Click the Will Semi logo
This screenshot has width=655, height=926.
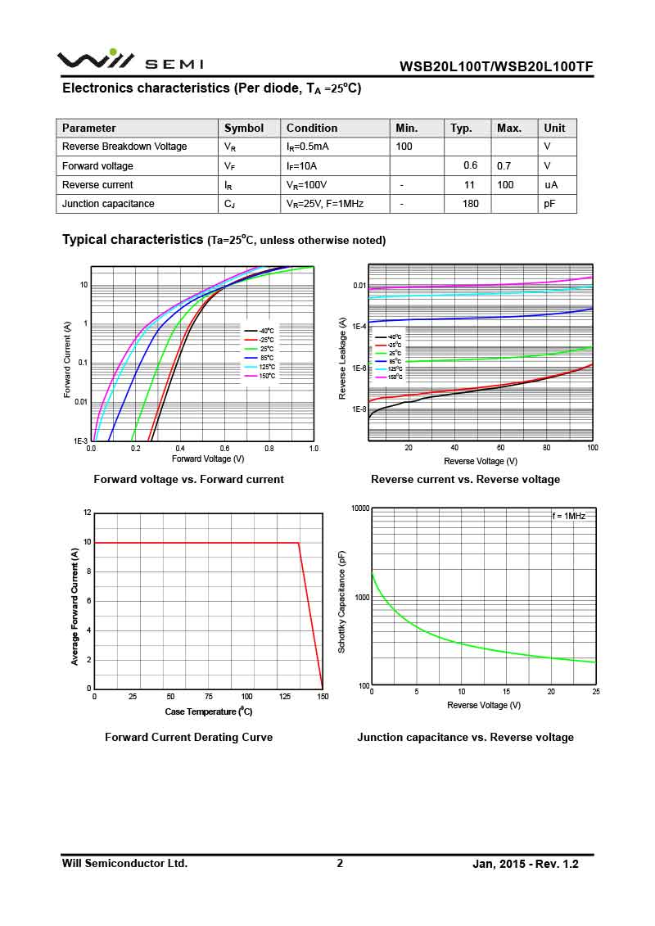point(129,61)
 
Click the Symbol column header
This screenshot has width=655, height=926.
point(244,128)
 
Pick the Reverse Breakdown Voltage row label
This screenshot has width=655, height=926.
point(124,147)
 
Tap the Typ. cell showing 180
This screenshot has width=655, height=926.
point(470,204)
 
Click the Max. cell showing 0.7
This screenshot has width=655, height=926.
point(504,166)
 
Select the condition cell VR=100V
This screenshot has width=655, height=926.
point(307,185)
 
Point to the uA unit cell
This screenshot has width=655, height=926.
point(551,185)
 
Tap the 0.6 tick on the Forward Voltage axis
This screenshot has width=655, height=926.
point(224,449)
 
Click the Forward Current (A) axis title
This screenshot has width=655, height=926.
point(68,360)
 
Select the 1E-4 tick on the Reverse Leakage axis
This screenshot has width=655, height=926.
point(358,327)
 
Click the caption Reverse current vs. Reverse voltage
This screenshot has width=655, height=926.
point(465,480)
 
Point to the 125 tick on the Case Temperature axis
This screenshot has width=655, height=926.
point(284,697)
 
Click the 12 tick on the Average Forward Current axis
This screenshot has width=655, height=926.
point(87,513)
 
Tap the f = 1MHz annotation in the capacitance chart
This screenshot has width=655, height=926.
point(568,517)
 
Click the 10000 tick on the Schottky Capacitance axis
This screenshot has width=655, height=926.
point(360,508)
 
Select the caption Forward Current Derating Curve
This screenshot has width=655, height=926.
point(188,737)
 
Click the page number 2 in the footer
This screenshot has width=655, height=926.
point(340,863)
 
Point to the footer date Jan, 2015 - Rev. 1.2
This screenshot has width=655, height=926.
point(526,864)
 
